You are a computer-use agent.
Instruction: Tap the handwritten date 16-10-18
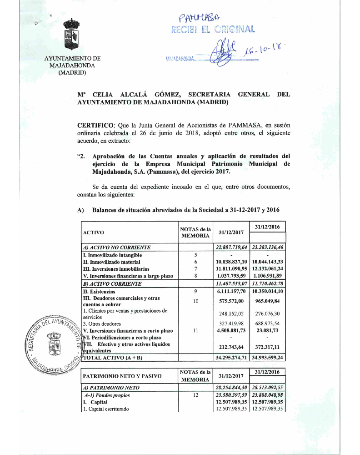coord(263,53)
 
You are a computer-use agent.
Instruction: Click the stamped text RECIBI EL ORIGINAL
coord(213,30)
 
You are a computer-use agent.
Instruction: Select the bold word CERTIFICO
coord(96,124)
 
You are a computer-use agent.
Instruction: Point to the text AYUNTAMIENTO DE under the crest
coord(72,58)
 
